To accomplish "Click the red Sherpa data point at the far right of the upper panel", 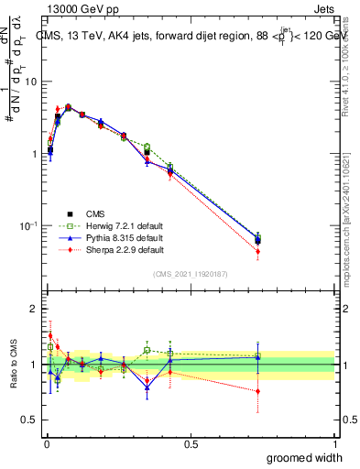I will point(258,251).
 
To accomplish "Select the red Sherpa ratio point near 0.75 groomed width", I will point(258,391).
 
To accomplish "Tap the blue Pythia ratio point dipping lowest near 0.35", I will point(147,387).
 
